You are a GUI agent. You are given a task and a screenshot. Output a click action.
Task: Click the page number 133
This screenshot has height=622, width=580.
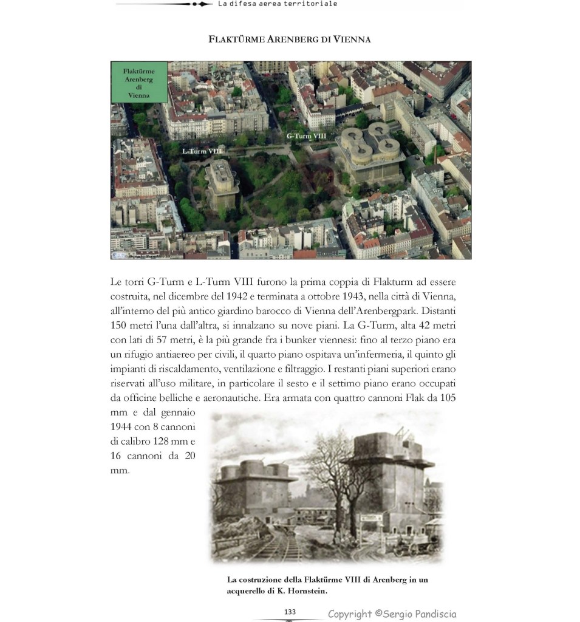pyautogui.click(x=290, y=611)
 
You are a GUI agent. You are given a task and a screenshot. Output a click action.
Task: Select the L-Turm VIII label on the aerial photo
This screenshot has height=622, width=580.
pyautogui.click(x=202, y=150)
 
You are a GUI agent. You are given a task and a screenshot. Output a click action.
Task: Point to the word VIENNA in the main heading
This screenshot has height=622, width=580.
pyautogui.click(x=350, y=40)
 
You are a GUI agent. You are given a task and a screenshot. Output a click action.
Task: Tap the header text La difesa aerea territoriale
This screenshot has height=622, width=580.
pyautogui.click(x=277, y=4)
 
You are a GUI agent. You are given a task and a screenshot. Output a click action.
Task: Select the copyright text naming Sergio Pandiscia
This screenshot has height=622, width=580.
pyautogui.click(x=392, y=614)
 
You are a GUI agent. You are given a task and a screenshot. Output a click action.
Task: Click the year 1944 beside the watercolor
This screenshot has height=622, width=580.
pyautogui.click(x=124, y=427)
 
